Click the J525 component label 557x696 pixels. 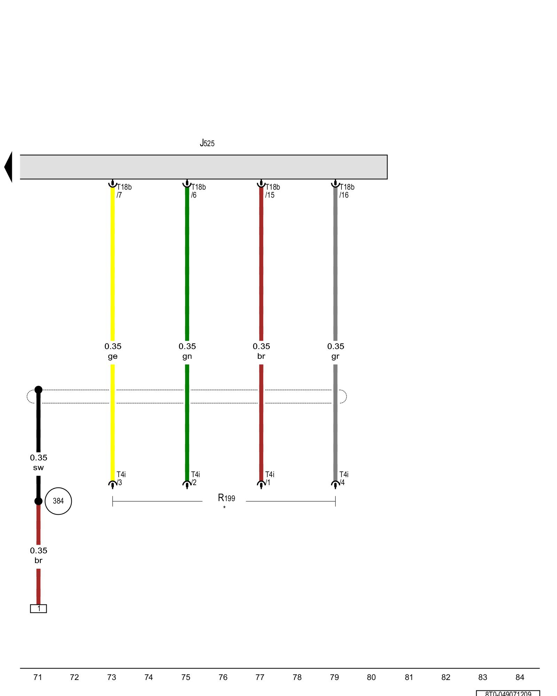[x=207, y=143]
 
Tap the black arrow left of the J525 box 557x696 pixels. [x=8, y=167]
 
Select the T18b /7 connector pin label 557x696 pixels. [x=124, y=191]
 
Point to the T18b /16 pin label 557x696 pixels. [x=347, y=191]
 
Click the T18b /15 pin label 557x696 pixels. [x=272, y=191]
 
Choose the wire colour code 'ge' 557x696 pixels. [x=112, y=356]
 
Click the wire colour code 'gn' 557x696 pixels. [x=187, y=356]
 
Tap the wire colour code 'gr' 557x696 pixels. [x=335, y=356]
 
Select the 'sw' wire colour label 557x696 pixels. [x=38, y=468]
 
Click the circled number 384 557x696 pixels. [x=58, y=501]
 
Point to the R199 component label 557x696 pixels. [x=226, y=498]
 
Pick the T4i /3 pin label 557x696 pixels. [x=121, y=478]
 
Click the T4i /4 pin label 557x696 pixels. [x=344, y=478]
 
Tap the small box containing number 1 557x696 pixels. [x=38, y=609]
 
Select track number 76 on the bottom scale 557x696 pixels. [x=223, y=677]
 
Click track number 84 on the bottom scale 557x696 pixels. [x=520, y=677]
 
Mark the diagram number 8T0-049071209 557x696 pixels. [x=508, y=693]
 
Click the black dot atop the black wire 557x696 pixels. [x=38, y=390]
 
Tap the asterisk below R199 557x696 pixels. [x=224, y=507]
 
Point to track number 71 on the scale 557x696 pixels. [x=38, y=677]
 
